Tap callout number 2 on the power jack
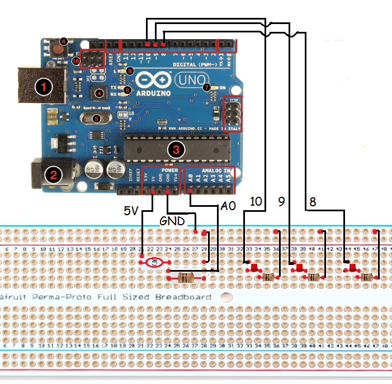pos(54,175)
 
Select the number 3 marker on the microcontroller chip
pos(176,149)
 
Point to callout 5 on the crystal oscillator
pos(96,118)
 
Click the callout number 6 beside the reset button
pos(63,41)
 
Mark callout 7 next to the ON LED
pos(206,87)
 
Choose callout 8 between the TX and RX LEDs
pos(127,89)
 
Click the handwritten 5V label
pos(131,211)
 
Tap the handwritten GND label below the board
pos(172,221)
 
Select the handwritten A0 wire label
pos(228,206)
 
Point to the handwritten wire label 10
pos(256,202)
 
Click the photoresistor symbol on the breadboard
pos(154,262)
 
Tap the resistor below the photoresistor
pos(186,277)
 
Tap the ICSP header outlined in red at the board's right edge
pos(231,113)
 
